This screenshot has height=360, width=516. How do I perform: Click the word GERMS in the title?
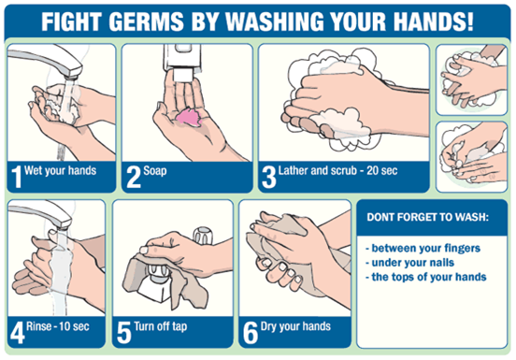146,22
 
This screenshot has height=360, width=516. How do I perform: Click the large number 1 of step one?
16,177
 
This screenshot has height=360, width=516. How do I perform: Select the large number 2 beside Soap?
134,177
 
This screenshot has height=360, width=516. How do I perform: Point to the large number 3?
269,177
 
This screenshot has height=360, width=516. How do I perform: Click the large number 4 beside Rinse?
18,332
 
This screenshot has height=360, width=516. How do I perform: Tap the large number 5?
123,332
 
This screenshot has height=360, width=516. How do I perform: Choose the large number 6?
251,332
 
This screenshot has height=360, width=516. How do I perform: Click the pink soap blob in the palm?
189,117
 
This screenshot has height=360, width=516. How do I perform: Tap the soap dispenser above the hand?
182,62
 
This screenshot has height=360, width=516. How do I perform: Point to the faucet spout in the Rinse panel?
40,215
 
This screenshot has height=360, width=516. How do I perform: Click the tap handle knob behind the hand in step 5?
203,235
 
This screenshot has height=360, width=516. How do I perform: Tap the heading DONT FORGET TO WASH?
427,217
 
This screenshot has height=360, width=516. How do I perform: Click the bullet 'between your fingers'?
423,248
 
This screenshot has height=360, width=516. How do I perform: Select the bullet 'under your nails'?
409,262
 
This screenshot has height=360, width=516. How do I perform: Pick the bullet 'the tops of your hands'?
426,277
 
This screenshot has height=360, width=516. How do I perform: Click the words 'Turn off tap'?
161,326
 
